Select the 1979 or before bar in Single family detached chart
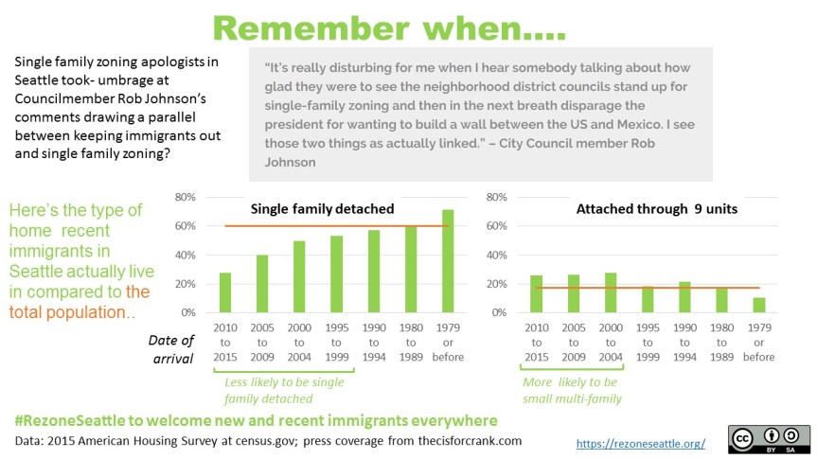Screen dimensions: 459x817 click(447, 261)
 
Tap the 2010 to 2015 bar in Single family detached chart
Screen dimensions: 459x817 click(225, 292)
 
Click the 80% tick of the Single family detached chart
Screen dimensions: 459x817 click(185, 197)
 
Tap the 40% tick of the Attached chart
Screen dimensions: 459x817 click(495, 255)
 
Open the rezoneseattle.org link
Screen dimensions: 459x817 click(642, 443)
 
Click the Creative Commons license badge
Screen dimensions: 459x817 click(769, 438)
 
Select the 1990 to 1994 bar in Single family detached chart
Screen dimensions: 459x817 click(373, 272)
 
